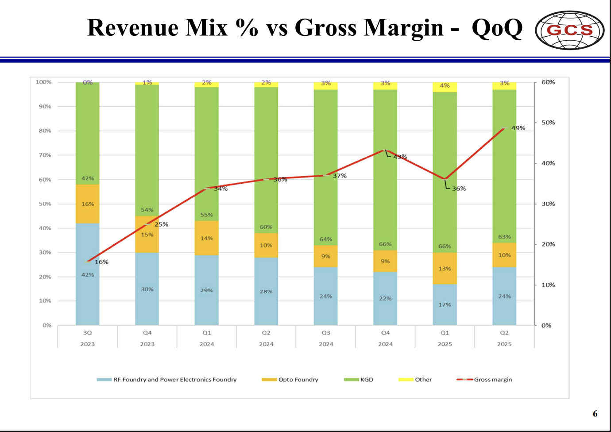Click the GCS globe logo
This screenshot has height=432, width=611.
coord(569,30)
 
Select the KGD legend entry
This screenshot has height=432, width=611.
coord(359,379)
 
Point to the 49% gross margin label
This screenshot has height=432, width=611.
coord(518,128)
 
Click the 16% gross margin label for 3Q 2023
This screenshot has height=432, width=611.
coord(101,262)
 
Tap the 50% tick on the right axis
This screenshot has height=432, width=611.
coord(548,123)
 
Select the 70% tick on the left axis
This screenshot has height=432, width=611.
coord(45,155)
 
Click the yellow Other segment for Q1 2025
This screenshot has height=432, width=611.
coord(445,87)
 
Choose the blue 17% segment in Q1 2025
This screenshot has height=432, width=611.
coord(445,305)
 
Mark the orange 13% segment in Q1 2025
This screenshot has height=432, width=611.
coord(445,268)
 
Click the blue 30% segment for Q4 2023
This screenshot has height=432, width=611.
coord(147,289)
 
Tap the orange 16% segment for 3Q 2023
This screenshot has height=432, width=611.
coord(88,204)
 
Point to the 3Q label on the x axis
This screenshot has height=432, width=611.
coord(88,333)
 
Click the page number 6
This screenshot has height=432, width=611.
coord(595,413)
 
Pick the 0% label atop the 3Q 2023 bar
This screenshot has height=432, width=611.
coord(88,82)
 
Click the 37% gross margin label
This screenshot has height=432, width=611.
coord(340,176)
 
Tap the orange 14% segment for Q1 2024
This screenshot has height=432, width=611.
coord(207,238)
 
